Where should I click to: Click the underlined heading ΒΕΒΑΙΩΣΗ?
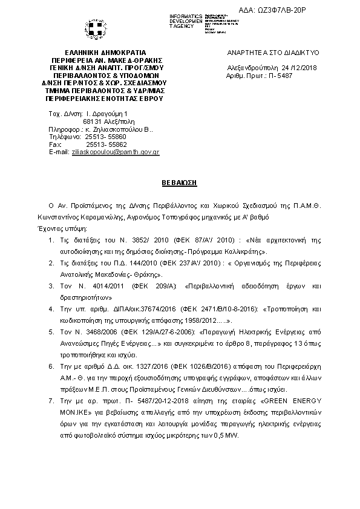(179, 181)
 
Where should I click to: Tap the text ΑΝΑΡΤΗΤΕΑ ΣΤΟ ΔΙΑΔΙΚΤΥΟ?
(277, 53)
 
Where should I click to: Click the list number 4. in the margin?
(50, 308)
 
